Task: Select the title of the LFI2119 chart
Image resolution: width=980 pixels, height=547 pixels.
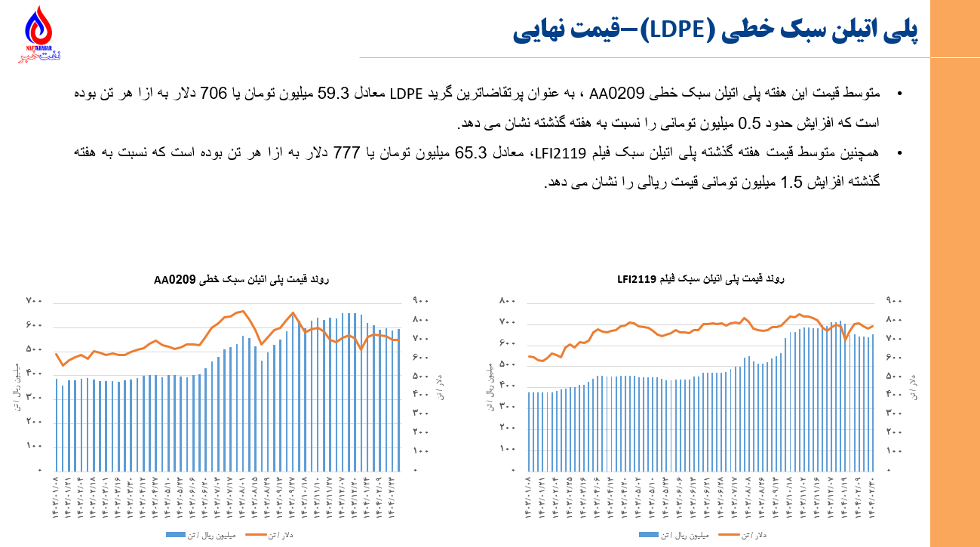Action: click(x=701, y=279)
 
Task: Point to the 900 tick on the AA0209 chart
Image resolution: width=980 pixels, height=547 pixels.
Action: click(x=421, y=301)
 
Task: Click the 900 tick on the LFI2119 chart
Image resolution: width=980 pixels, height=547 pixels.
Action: click(x=893, y=300)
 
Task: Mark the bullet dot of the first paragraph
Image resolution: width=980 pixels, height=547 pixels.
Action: click(x=899, y=94)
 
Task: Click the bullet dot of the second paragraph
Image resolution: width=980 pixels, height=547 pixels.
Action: click(x=899, y=153)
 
